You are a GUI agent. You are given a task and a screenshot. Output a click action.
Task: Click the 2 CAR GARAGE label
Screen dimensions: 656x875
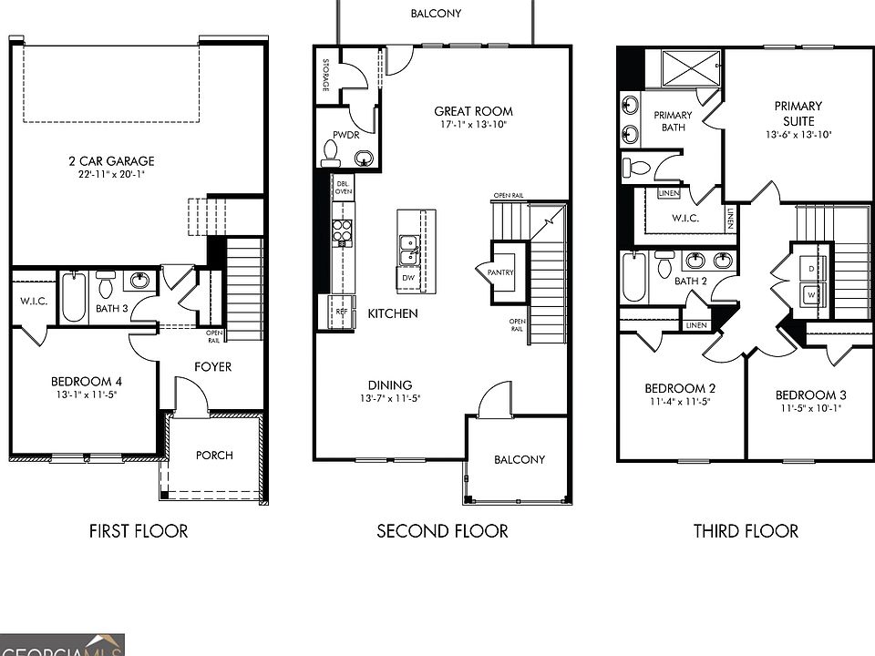pos(111,161)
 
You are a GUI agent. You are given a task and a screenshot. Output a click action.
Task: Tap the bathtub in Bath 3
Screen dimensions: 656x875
pos(74,296)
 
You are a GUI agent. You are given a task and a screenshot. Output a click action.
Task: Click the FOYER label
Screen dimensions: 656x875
pos(212,367)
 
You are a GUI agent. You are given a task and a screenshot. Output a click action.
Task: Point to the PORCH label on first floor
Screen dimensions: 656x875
pos(214,456)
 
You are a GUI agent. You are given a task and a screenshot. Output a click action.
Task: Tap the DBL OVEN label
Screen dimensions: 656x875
pos(344,187)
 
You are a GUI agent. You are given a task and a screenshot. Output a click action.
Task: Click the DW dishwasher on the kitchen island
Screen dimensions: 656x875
pos(407,277)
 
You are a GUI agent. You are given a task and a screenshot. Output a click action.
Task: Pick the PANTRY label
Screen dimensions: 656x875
pos(501,272)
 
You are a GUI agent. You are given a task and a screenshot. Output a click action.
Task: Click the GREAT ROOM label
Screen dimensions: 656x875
pos(473,112)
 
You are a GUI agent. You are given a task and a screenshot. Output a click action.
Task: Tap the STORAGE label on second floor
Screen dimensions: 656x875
pos(325,75)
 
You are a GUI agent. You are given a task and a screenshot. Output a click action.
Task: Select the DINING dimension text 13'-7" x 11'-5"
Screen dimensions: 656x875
pos(389,398)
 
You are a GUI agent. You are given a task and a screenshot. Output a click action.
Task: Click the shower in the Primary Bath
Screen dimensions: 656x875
pos(690,67)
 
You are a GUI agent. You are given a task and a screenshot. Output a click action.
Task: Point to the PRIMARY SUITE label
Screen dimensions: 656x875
pos(798,113)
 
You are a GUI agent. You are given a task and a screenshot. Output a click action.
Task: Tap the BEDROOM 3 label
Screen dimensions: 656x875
pos(810,395)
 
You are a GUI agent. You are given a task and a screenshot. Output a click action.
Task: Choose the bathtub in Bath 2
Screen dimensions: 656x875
pos(634,277)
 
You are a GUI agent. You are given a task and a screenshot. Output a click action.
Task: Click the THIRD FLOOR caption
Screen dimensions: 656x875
pos(745,530)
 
